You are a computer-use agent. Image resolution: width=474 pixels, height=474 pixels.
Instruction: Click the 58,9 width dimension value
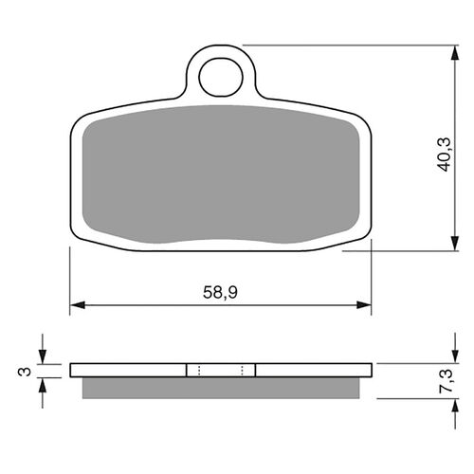221,292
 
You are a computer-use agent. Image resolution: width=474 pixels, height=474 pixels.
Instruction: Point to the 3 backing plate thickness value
22,370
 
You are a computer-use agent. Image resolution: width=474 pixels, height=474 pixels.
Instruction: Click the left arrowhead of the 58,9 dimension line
77,306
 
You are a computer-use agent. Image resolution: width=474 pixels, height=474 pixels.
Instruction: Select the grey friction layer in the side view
220,388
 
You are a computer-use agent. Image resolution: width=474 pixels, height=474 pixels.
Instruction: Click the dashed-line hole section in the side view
220,370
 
